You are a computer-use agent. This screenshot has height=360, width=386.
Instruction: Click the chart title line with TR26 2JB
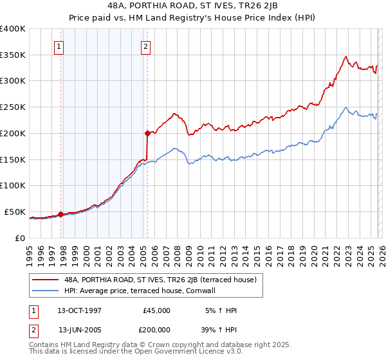coord(193,6)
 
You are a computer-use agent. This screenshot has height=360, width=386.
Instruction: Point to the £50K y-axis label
coord(14,212)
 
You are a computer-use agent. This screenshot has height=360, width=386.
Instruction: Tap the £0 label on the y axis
coord(21,238)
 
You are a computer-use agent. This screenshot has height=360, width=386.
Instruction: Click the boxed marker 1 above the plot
coord(59,46)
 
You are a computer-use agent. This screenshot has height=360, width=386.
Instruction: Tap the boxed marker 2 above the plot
coord(146,46)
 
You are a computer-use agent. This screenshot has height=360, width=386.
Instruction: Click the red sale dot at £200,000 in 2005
coord(147,133)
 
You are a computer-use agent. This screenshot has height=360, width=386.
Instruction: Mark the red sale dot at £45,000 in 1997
coord(60,214)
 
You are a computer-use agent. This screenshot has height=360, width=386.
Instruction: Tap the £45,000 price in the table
coord(157,310)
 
